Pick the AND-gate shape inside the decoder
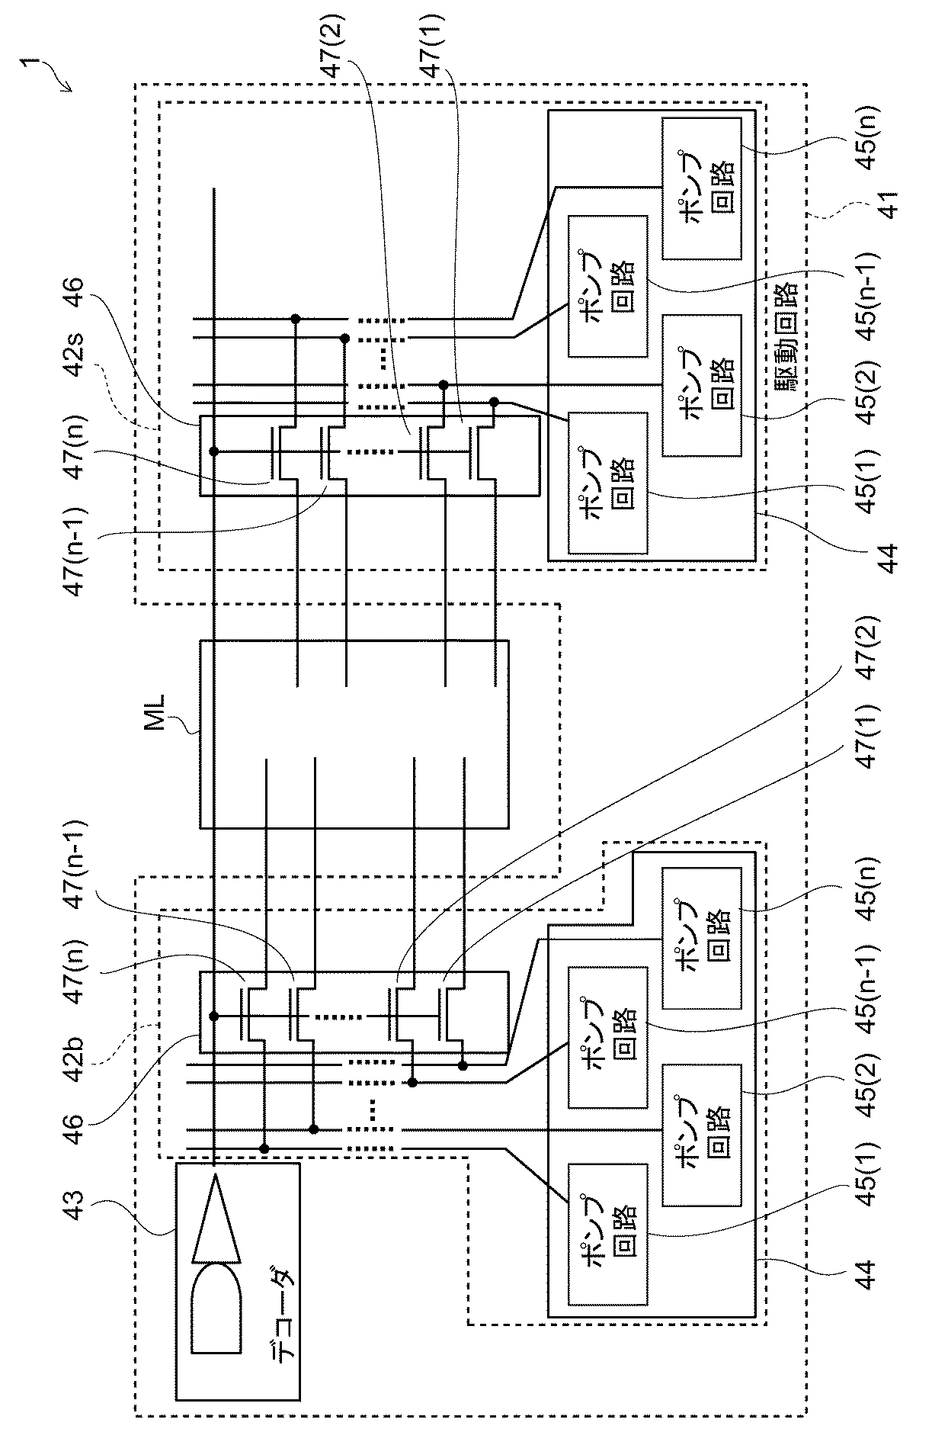point(217,1309)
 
